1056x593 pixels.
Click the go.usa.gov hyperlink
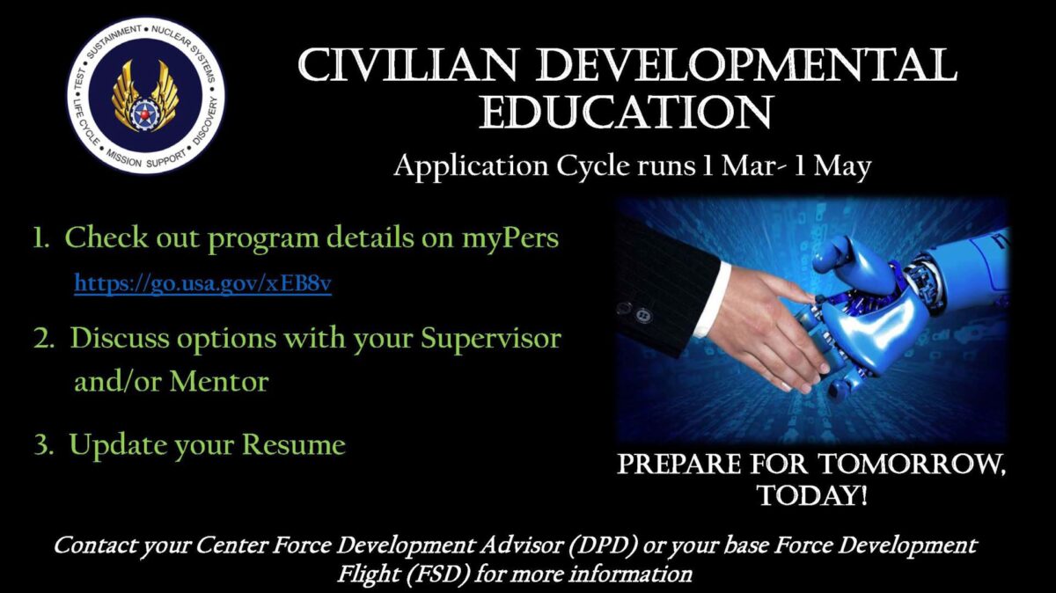pyautogui.click(x=202, y=284)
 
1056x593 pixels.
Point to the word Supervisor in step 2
pyautogui.click(x=491, y=340)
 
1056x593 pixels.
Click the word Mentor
pyautogui.click(x=219, y=381)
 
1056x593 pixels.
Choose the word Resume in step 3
pyautogui.click(x=294, y=444)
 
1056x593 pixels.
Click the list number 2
pyautogui.click(x=43, y=339)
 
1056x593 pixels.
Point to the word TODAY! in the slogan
pyautogui.click(x=812, y=495)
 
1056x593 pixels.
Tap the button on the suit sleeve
pyautogui.click(x=643, y=315)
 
